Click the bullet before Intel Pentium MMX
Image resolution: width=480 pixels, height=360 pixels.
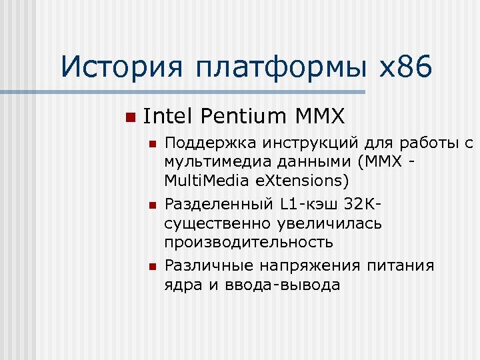129,117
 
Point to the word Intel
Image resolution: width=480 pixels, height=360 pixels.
167,117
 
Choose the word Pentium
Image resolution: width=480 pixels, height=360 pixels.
242,117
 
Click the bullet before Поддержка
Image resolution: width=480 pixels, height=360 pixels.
152,143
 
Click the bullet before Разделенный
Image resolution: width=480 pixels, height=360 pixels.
152,205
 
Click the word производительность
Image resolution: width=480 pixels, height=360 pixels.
249,242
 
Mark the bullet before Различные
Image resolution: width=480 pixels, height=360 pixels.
152,267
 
